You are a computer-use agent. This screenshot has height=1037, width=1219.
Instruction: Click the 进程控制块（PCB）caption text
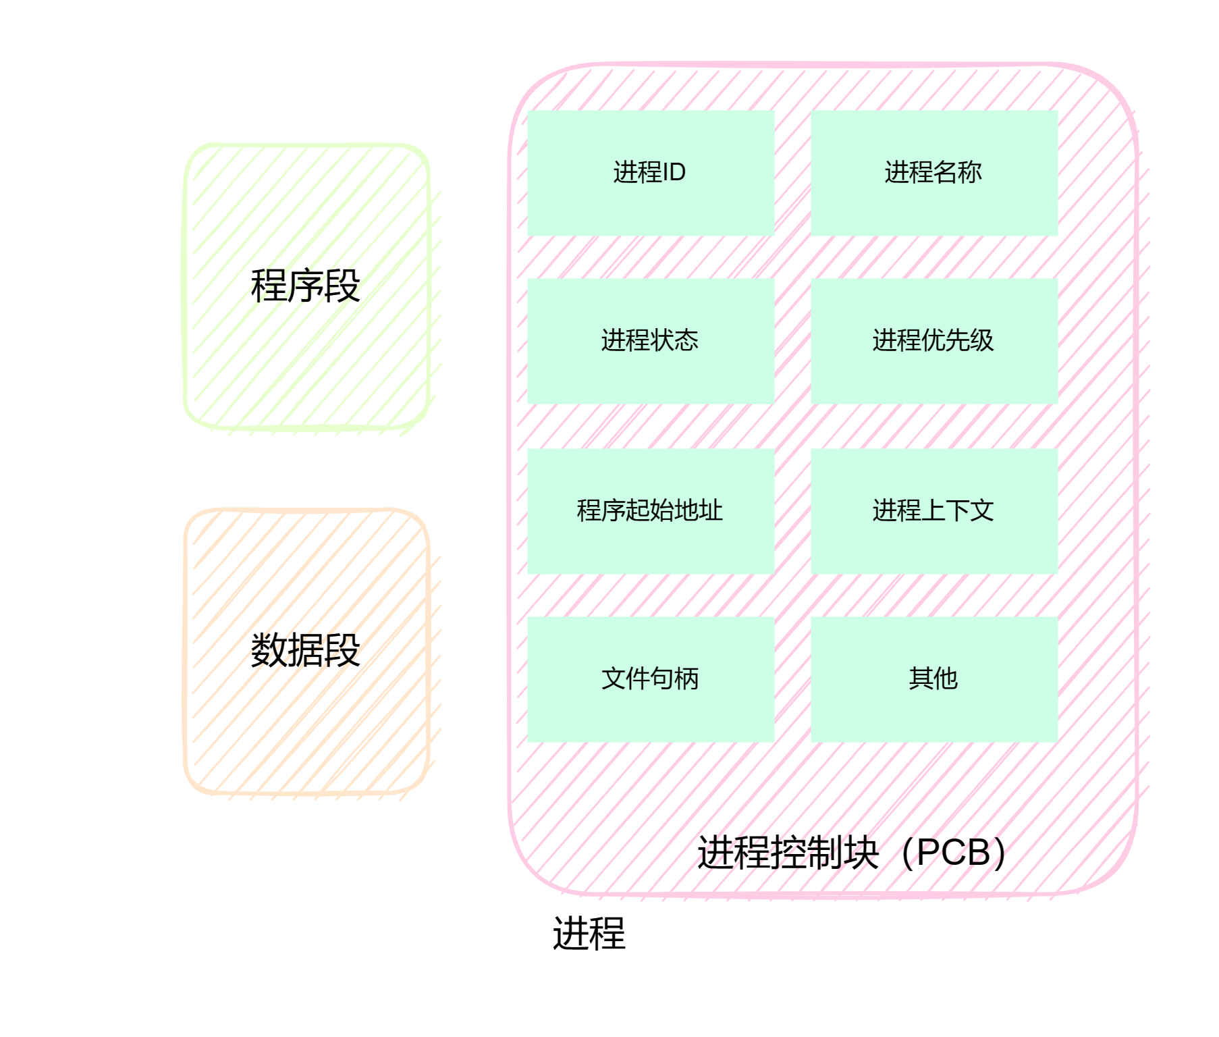click(852, 853)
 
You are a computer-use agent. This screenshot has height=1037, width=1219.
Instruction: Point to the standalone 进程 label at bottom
click(589, 934)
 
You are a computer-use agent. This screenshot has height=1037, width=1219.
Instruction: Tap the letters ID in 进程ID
click(674, 172)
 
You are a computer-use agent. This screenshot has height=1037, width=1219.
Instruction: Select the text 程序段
click(305, 286)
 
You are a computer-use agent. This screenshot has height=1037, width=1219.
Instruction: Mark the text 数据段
click(305, 650)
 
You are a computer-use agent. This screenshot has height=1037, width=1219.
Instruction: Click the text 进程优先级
click(933, 340)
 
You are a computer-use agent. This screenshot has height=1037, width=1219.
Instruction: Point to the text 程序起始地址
click(649, 510)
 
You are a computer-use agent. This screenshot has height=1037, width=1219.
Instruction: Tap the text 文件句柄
click(649, 679)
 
